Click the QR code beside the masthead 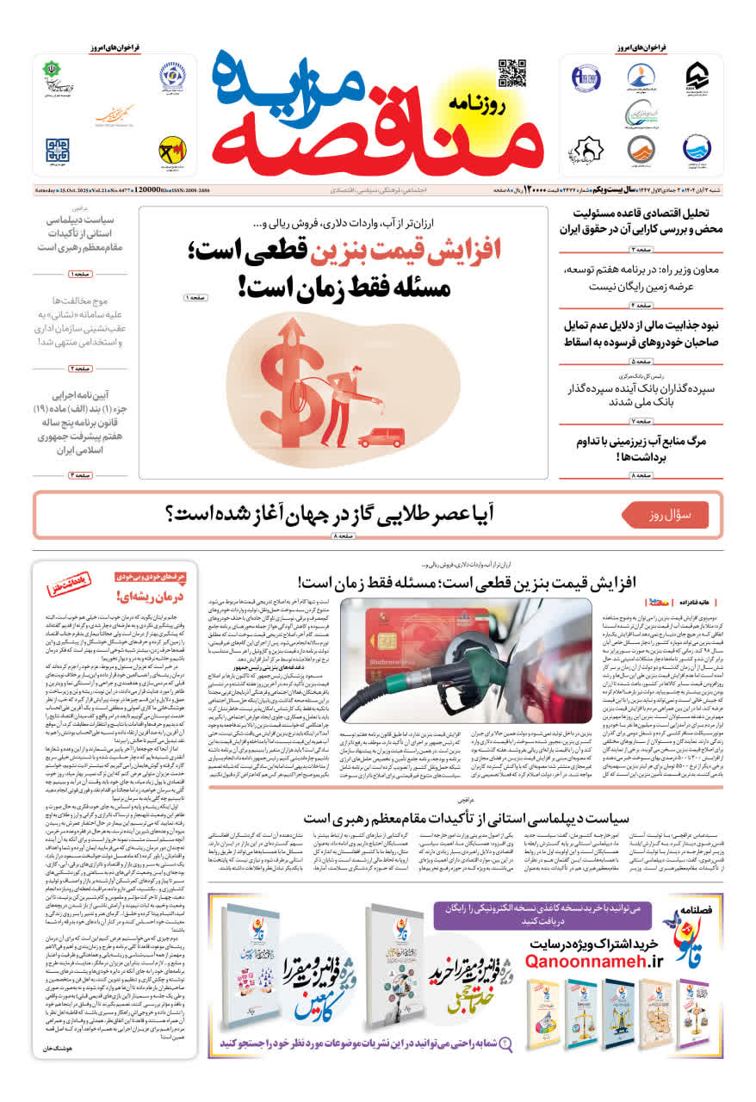coord(511,73)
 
